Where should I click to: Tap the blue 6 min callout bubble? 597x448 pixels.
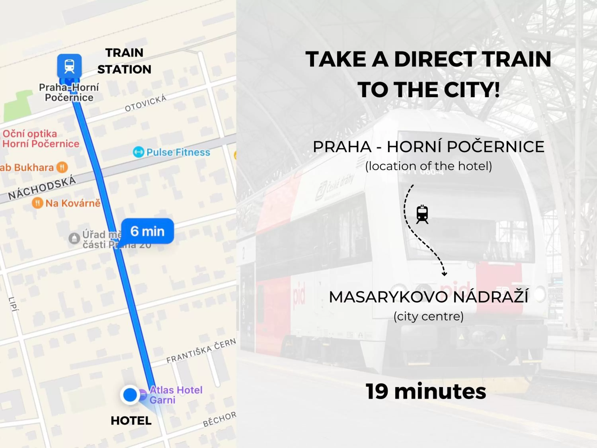147,231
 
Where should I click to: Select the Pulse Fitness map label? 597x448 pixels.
178,152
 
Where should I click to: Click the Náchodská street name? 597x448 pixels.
42,188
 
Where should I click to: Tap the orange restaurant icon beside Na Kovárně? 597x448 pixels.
37,203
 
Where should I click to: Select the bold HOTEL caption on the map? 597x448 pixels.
131,421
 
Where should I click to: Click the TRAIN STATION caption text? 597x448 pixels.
124,61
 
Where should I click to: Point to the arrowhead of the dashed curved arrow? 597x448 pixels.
444,274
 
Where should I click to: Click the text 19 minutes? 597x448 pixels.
426,391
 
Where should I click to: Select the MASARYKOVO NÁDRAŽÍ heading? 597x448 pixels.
428,297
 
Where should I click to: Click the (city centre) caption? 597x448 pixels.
428,316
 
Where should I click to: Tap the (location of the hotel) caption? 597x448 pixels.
428,166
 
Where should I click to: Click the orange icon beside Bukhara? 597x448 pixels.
62,167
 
